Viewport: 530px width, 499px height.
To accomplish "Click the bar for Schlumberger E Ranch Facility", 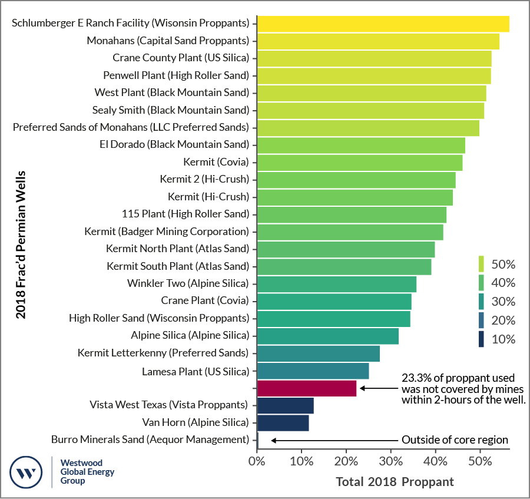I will [x=383, y=24].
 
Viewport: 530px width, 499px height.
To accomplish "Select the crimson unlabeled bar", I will [x=307, y=388].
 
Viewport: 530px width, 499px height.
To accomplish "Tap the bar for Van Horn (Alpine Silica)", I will [x=283, y=422].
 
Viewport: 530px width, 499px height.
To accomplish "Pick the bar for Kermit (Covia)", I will [x=359, y=162].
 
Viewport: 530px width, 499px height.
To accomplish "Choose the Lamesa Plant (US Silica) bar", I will [x=313, y=371].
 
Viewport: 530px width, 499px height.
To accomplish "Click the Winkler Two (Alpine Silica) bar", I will [x=336, y=284].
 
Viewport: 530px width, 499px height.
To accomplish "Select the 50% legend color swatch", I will [x=481, y=263].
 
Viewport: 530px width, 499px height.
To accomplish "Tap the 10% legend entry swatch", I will [x=481, y=339].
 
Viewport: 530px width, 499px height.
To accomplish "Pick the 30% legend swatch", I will [x=481, y=302].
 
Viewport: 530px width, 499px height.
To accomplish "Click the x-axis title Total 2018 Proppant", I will [x=395, y=482].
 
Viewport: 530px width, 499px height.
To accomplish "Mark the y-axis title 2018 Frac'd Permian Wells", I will [x=21, y=244].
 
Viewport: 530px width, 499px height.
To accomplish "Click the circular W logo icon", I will [x=26, y=472].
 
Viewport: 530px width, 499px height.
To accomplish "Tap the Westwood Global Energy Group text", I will [x=87, y=472].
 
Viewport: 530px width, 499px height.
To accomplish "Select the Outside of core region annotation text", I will [x=454, y=439].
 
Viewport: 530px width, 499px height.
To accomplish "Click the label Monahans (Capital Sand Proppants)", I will [x=168, y=41].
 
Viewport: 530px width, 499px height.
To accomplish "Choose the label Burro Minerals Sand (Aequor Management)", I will [x=150, y=439].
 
